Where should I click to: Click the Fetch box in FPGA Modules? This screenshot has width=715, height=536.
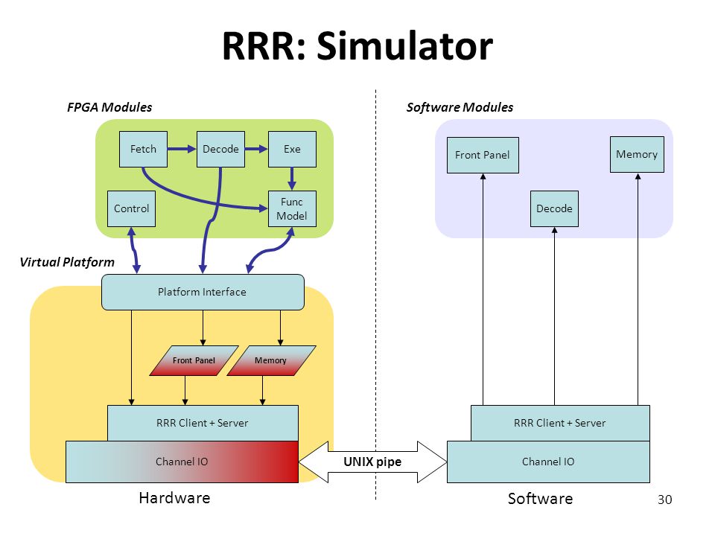(x=143, y=149)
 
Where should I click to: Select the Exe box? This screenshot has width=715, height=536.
(x=292, y=149)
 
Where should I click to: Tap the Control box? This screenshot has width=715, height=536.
(x=131, y=208)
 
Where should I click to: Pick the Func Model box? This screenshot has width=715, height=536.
(x=292, y=208)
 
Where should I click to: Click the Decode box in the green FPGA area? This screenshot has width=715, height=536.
(x=220, y=149)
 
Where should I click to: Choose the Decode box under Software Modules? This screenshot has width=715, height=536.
(x=554, y=208)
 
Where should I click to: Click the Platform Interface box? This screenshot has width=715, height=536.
(x=203, y=292)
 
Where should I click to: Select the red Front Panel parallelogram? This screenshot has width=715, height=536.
(x=194, y=360)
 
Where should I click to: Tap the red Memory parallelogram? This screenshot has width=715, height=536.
(x=271, y=360)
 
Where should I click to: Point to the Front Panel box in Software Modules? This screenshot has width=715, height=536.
(x=483, y=155)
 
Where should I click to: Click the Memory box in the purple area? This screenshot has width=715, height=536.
(x=637, y=155)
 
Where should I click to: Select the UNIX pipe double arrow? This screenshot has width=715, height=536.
(x=372, y=462)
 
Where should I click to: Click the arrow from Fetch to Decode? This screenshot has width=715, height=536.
(x=182, y=149)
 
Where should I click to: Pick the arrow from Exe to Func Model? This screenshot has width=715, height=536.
(x=292, y=179)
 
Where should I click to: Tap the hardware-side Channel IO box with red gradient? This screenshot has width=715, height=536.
(x=182, y=462)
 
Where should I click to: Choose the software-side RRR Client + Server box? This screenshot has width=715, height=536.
(x=560, y=423)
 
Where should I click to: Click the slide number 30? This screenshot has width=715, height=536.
(x=665, y=500)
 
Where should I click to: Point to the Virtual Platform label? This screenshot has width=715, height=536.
(x=67, y=262)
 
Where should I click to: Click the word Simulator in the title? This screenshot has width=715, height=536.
(x=405, y=46)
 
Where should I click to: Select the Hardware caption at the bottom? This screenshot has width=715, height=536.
(x=174, y=498)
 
